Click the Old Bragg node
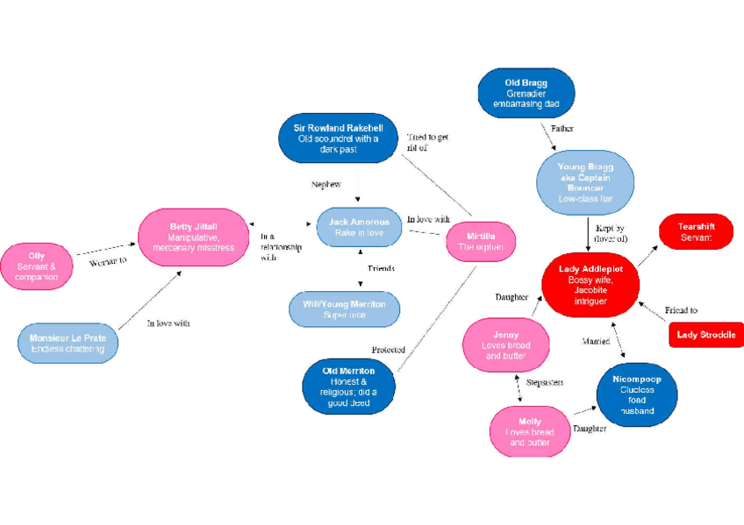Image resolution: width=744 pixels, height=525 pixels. click(526, 93)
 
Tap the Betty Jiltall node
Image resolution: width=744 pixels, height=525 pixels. click(193, 237)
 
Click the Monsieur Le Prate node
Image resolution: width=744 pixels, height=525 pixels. click(68, 343)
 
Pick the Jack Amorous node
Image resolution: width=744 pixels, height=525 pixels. click(359, 228)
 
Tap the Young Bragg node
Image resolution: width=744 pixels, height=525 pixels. click(586, 182)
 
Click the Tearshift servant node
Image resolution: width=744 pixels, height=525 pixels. click(696, 231)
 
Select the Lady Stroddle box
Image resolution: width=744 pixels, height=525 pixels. click(705, 334)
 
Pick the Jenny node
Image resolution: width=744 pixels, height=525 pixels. click(505, 345)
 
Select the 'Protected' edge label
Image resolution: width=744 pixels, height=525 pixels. click(388, 350)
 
